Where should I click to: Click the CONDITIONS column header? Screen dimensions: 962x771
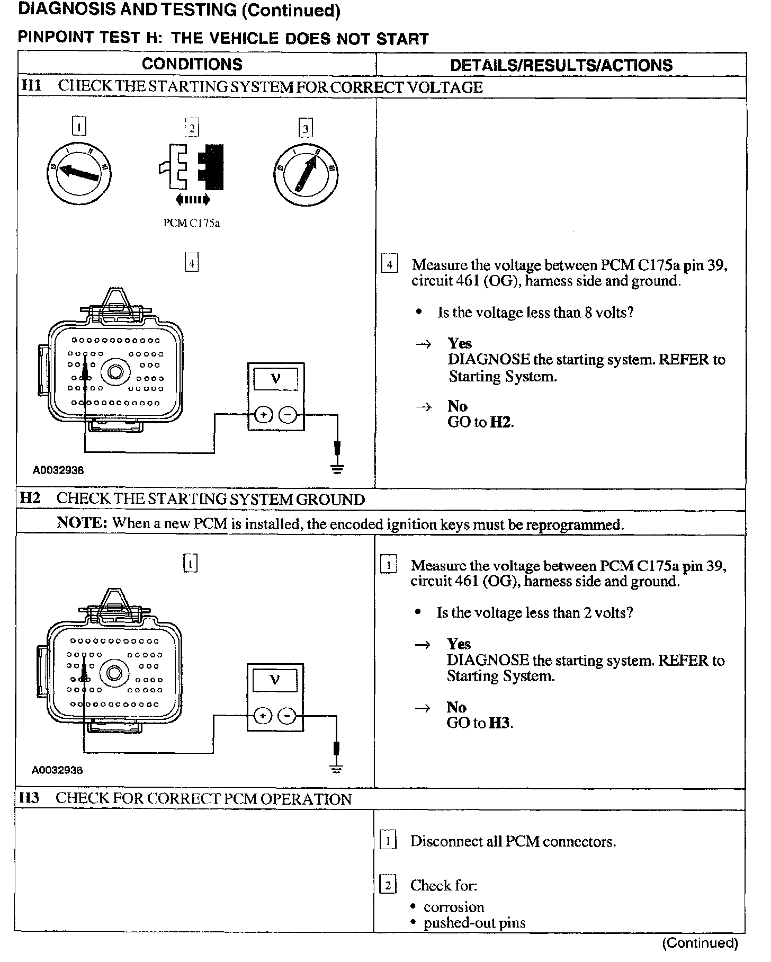tap(192, 65)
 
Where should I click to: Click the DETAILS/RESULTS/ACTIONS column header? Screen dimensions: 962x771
tap(561, 65)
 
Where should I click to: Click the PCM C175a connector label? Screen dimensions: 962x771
tap(192, 224)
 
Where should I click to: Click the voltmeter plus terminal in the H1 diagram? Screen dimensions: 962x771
tap(263, 415)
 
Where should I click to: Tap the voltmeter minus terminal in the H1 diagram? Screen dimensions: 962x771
tap(288, 415)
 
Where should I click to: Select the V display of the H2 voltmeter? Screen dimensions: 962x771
tap(275, 679)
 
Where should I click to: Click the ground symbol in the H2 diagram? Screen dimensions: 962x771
tap(336, 768)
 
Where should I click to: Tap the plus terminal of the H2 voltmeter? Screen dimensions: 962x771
tap(262, 716)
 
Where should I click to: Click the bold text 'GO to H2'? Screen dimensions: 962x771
tap(481, 422)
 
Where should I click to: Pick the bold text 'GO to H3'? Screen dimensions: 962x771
tap(480, 723)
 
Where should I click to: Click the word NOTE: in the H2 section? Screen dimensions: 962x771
tap(82, 523)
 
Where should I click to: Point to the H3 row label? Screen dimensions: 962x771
tap(29, 798)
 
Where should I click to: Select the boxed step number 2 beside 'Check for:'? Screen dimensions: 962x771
tap(388, 885)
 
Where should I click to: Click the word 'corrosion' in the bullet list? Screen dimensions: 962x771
tap(454, 907)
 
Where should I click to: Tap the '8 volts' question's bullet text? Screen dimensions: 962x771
tap(535, 313)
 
